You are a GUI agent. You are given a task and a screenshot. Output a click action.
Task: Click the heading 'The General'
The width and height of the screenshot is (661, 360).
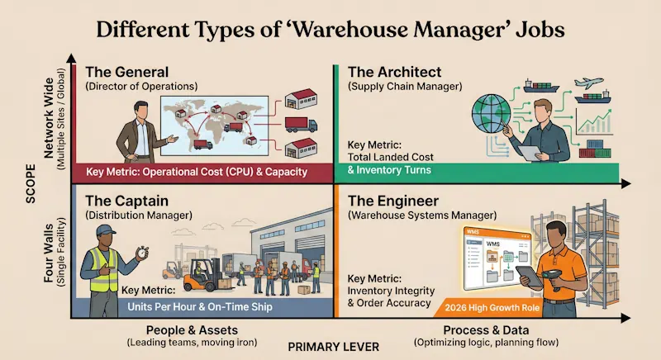click(126, 72)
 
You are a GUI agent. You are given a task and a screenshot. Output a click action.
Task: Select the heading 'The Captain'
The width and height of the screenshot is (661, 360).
click(126, 201)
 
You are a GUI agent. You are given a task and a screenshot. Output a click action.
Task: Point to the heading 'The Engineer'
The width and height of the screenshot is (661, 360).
click(393, 201)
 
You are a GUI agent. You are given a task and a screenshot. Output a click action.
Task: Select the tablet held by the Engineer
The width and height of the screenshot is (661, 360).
click(527, 275)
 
